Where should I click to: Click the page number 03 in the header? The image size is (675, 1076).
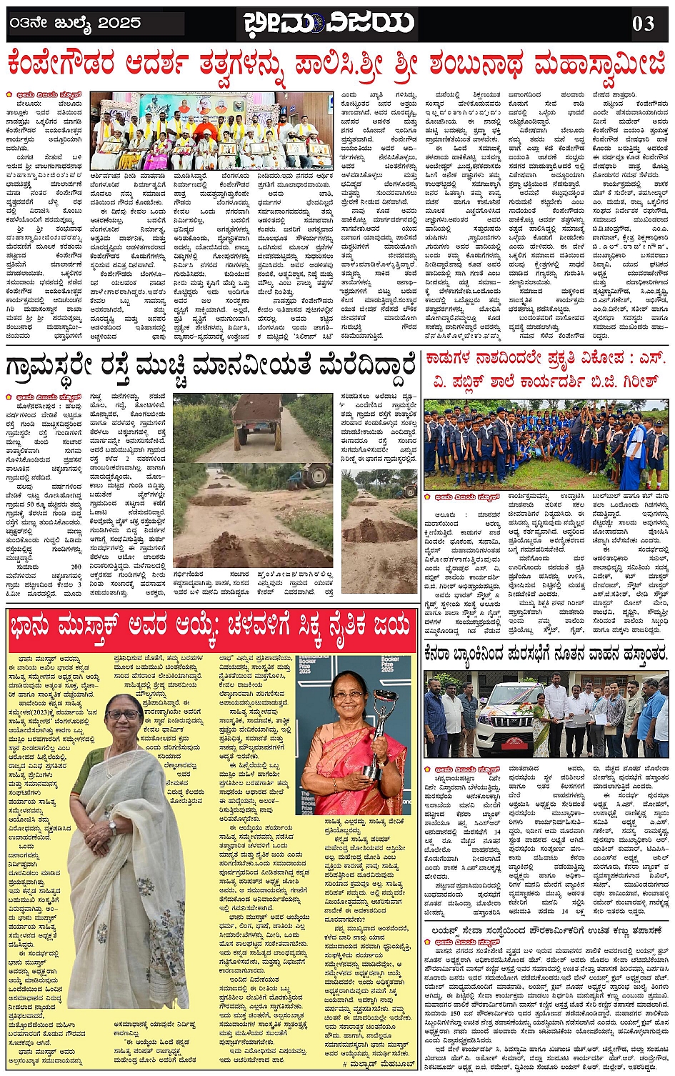643,24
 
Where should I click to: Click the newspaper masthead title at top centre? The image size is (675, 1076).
328,23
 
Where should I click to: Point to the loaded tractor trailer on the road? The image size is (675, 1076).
258,416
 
